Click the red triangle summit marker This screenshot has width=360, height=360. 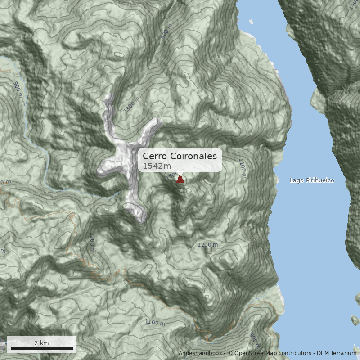click(x=180, y=180)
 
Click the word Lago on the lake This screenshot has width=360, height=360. click(x=297, y=180)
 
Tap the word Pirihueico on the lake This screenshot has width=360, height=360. click(x=320, y=180)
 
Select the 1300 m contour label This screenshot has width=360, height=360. click(x=132, y=104)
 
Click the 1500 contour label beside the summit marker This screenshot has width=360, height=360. click(x=173, y=175)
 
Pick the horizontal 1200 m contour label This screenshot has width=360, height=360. click(x=207, y=245)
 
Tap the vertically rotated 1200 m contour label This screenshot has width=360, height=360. click(x=92, y=243)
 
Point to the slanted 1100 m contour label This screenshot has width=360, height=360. click(x=155, y=323)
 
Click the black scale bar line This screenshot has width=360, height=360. click(x=41, y=348)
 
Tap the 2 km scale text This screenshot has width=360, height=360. click(x=41, y=343)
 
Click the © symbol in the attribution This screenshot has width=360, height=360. click(x=230, y=353)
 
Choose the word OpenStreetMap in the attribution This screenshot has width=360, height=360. click(x=254, y=353)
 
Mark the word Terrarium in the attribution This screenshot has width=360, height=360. click(x=342, y=353)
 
